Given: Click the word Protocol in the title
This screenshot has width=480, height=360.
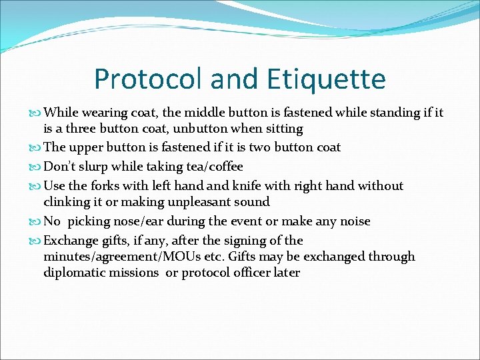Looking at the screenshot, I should pyautogui.click(x=147, y=79).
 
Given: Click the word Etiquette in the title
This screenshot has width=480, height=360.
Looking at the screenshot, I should pyautogui.click(x=325, y=79).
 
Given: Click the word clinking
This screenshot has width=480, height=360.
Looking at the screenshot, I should pyautogui.click(x=69, y=202).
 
